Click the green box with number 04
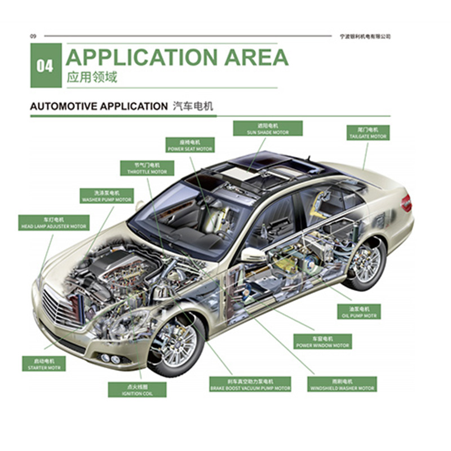46,66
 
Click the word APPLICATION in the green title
141,58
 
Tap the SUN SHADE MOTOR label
268,129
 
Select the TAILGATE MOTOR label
368,133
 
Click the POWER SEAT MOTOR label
190,145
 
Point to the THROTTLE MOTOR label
147,168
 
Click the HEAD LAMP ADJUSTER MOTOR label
54,223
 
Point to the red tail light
406,202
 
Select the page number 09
33,36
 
